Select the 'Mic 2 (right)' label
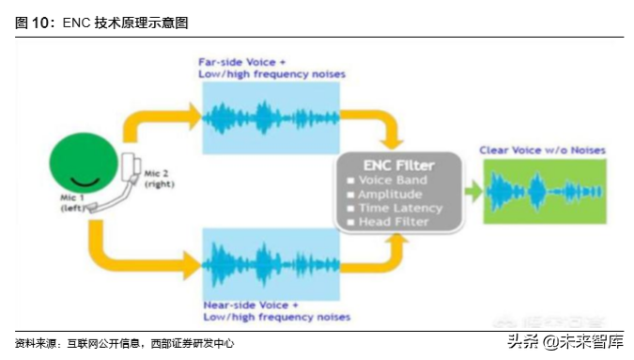[159, 180]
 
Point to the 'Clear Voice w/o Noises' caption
[542, 150]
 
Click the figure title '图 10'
[35, 23]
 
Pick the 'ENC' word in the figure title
[76, 23]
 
